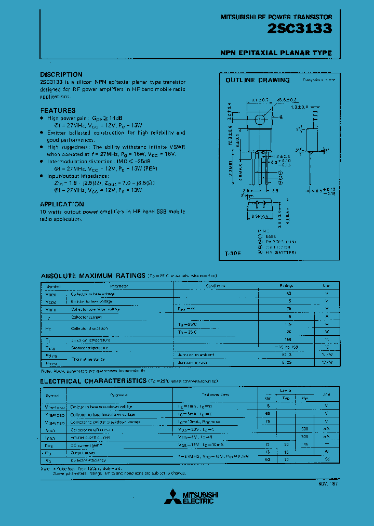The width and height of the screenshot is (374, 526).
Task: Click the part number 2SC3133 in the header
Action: pyautogui.click(x=300, y=29)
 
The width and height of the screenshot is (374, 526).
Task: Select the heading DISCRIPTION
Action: pyautogui.click(x=61, y=74)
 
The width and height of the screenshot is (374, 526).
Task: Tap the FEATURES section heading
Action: pyautogui.click(x=58, y=110)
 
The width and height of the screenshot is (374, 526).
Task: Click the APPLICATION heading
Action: pyautogui.click(x=62, y=204)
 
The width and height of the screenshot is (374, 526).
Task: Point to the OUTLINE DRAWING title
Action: pyautogui.click(x=257, y=80)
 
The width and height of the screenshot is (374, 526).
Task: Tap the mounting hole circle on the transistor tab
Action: pyautogui.click(x=260, y=120)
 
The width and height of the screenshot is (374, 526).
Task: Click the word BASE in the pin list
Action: pyautogui.click(x=271, y=236)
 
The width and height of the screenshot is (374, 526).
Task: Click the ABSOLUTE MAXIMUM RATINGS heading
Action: pyautogui.click(x=93, y=275)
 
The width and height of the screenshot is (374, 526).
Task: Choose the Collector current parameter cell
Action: pyautogui.click(x=87, y=317)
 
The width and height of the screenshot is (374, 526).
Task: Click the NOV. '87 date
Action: pyautogui.click(x=324, y=483)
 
